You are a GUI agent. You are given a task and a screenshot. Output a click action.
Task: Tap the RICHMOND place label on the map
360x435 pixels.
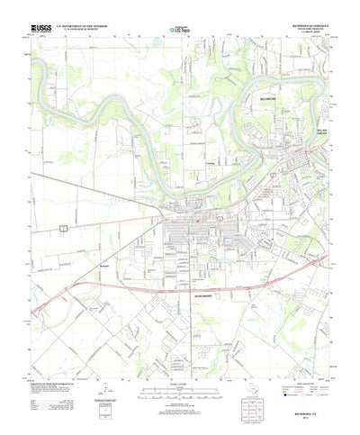click(247, 93)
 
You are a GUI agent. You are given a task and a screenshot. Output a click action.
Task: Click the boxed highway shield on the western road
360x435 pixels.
click(63, 227)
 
